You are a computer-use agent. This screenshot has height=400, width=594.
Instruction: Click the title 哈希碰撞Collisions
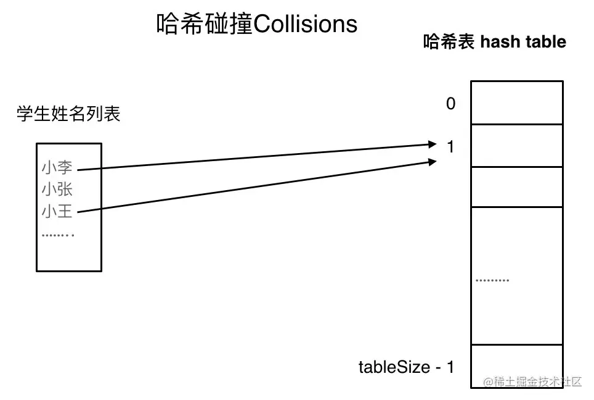click(x=257, y=24)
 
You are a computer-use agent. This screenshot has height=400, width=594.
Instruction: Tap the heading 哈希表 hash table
click(x=494, y=42)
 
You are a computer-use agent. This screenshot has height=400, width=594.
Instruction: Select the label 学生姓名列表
click(x=69, y=114)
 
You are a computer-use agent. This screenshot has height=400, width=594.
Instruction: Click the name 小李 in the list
click(x=57, y=167)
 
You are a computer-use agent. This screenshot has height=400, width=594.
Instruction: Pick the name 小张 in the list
click(x=57, y=189)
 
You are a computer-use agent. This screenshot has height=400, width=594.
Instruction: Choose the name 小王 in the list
click(x=57, y=212)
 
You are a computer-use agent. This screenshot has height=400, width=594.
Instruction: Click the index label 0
click(x=451, y=104)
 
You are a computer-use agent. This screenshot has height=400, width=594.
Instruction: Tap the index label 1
click(x=451, y=147)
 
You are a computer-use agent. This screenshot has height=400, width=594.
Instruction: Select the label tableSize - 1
click(x=406, y=367)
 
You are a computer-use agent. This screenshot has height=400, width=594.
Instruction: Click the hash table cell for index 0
click(x=516, y=102)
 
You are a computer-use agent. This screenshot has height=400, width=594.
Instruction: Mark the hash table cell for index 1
click(x=516, y=146)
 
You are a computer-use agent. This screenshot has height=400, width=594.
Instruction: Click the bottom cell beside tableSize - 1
click(x=516, y=366)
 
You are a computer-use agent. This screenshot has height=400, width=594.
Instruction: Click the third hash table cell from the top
click(x=516, y=187)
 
